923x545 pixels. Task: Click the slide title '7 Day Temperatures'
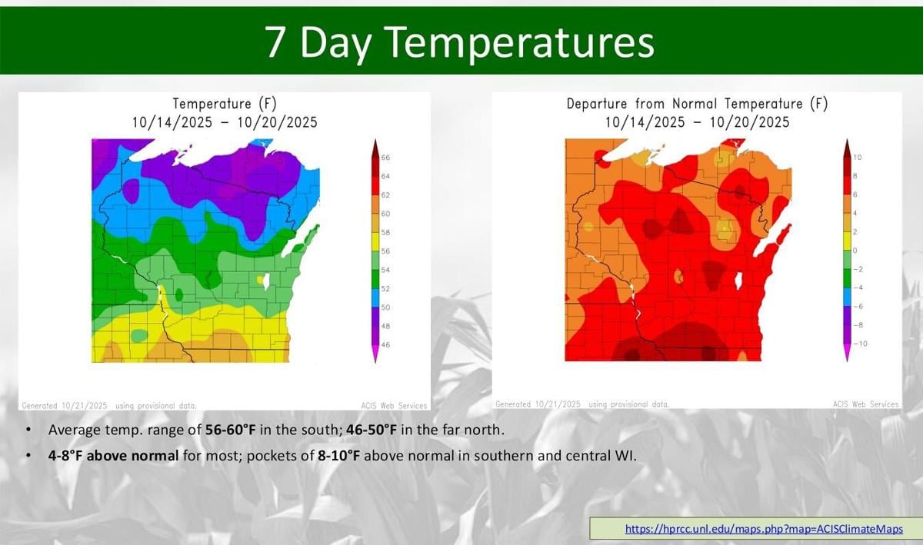tap(460, 42)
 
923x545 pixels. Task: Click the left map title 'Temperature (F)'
tap(223, 104)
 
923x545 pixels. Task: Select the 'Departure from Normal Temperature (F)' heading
tap(697, 104)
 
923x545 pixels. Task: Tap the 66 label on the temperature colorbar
tap(386, 158)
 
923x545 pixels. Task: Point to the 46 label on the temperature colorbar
tap(386, 345)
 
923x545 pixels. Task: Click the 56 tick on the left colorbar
tap(386, 251)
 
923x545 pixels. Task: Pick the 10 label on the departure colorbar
tap(858, 158)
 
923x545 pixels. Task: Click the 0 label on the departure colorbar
tap(855, 251)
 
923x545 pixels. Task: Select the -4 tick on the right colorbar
tap(858, 287)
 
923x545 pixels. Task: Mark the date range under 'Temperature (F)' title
tap(223, 122)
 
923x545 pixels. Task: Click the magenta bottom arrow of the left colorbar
tap(375, 354)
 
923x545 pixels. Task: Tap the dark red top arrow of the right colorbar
tap(847, 145)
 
